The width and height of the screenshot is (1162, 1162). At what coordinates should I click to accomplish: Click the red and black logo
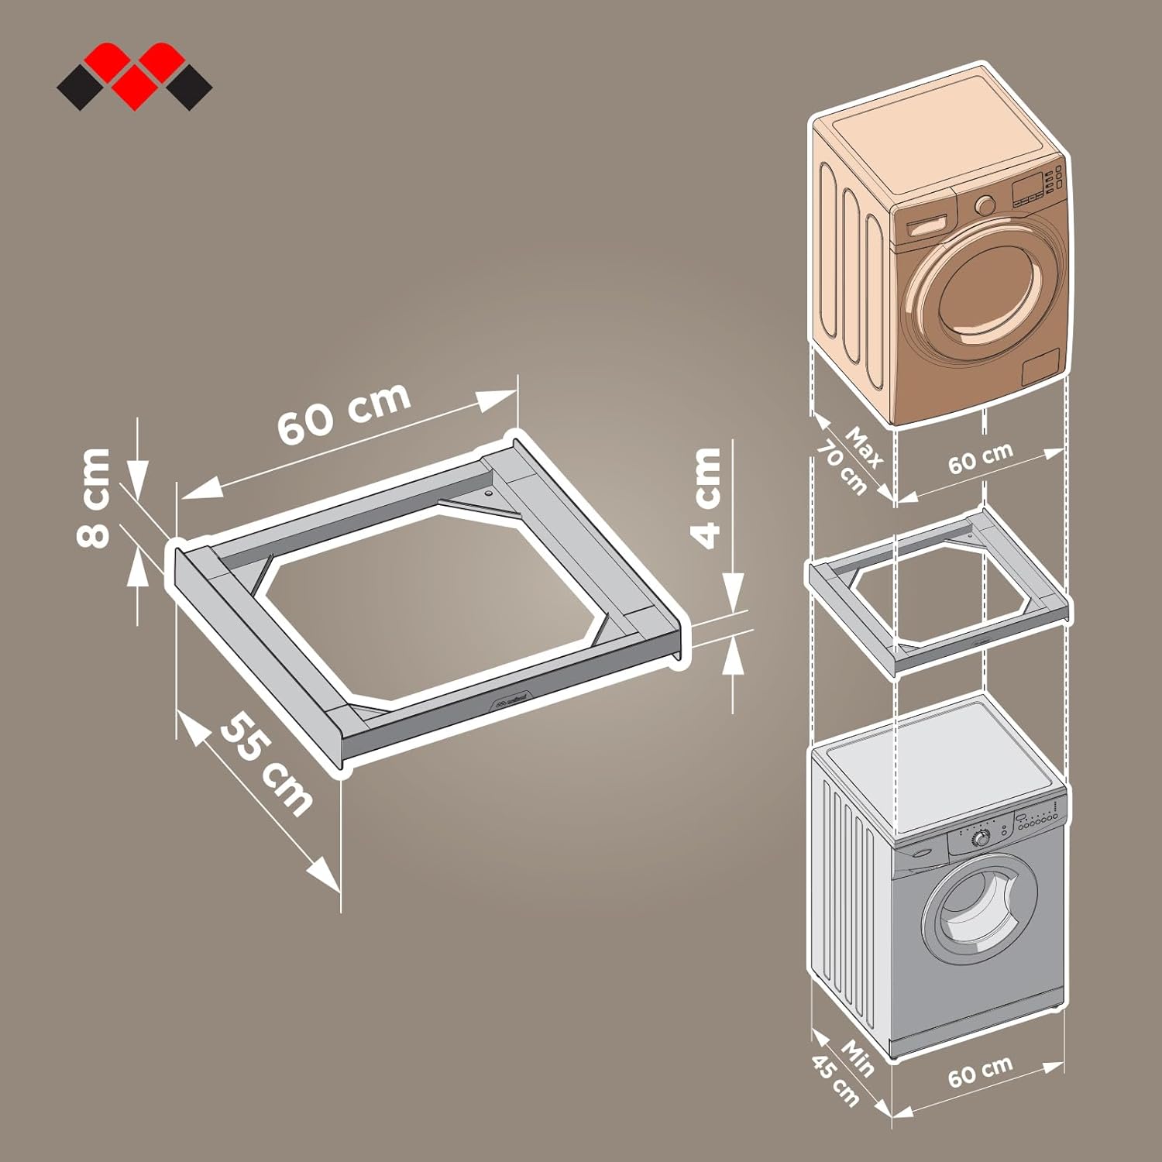[134, 76]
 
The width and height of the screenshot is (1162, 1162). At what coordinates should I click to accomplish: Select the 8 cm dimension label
[95, 498]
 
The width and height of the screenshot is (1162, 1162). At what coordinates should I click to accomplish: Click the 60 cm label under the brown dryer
[980, 459]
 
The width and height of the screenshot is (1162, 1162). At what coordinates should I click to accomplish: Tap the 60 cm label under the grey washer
[980, 1071]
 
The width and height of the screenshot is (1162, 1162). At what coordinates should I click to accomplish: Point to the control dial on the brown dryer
[985, 205]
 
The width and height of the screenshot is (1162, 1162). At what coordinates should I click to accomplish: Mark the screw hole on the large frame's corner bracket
[487, 492]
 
